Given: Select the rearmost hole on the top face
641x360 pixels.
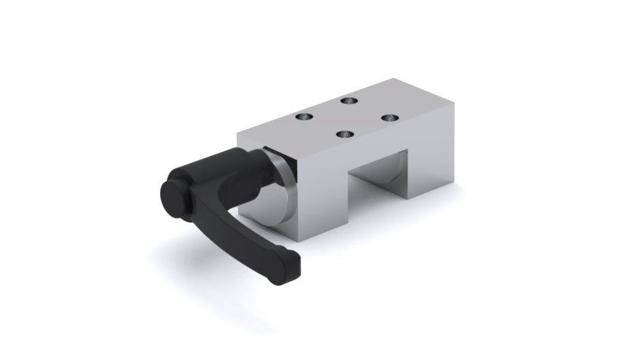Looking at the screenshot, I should pyautogui.click(x=349, y=100).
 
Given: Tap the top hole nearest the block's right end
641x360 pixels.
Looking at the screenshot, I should pyautogui.click(x=387, y=117).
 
